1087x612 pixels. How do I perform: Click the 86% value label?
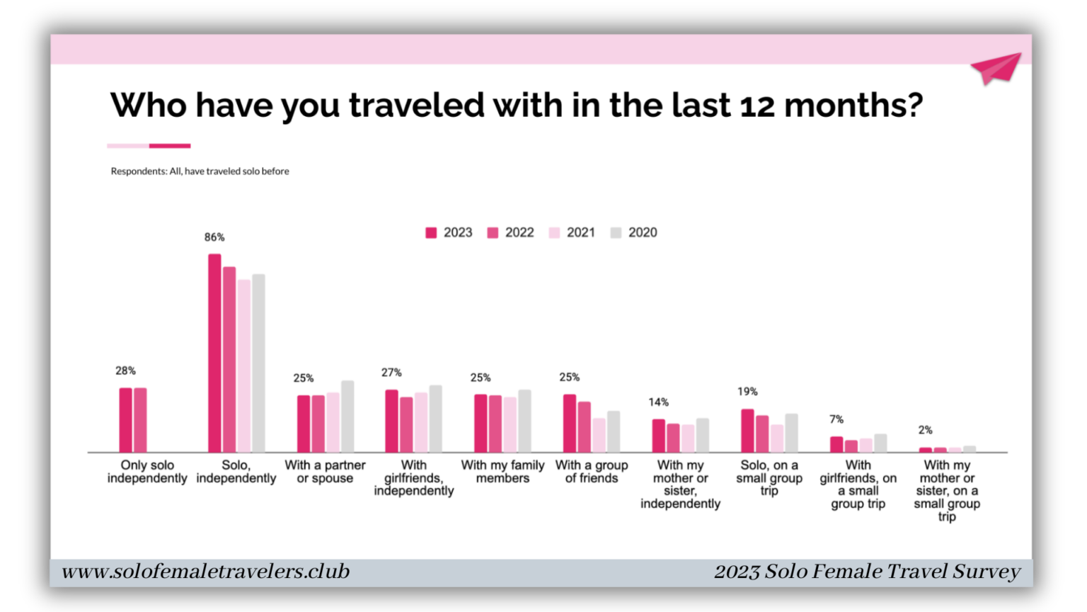tap(214, 237)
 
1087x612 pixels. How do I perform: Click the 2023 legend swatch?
tap(431, 233)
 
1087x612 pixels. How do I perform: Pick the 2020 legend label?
tap(643, 233)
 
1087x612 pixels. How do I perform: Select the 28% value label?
tap(126, 371)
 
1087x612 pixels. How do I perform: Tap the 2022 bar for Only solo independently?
tap(140, 420)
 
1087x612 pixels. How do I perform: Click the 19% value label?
tap(747, 392)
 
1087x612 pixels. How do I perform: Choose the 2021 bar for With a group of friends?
tap(599, 435)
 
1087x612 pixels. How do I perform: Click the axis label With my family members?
tap(502, 472)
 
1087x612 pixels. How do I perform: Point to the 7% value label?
tap(836, 419)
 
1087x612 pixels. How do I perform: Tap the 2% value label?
tap(926, 430)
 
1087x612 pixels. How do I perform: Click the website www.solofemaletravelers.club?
tap(205, 572)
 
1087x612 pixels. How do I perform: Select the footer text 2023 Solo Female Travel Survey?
tap(867, 572)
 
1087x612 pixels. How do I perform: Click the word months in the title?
tap(853, 105)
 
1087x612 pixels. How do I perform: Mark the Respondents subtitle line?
tap(200, 171)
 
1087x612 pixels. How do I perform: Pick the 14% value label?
tap(658, 402)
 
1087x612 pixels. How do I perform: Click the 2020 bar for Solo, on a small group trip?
tap(791, 433)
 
